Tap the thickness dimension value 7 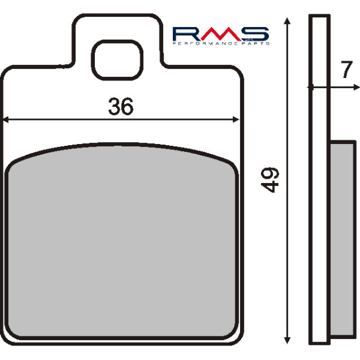(345, 71)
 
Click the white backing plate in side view (319, 180)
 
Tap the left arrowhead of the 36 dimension (7, 120)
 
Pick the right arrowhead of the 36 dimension (236, 120)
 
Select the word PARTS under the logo (256, 44)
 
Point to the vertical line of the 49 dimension (288, 252)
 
